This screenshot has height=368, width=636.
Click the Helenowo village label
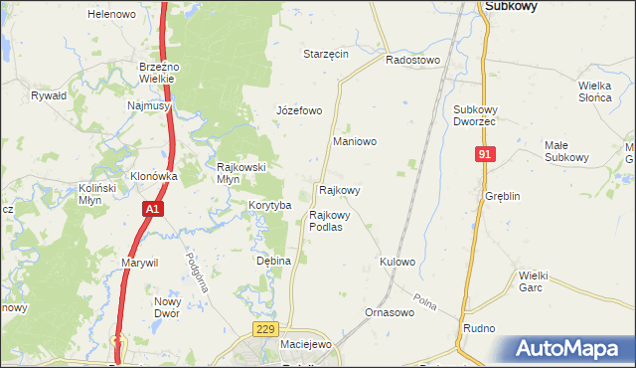point(111,15)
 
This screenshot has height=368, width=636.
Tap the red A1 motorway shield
point(151,209)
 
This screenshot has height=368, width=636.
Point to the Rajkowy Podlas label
point(326,220)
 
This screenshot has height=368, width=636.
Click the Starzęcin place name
point(326,54)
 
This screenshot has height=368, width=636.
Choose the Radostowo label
point(412,60)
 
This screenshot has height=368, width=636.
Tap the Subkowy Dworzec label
point(480,114)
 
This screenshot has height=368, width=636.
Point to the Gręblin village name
point(503,196)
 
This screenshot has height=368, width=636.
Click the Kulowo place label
point(397,262)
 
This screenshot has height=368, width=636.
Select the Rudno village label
point(478,327)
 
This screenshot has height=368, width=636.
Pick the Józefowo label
point(299,110)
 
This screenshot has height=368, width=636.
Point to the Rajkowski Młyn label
point(241,173)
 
